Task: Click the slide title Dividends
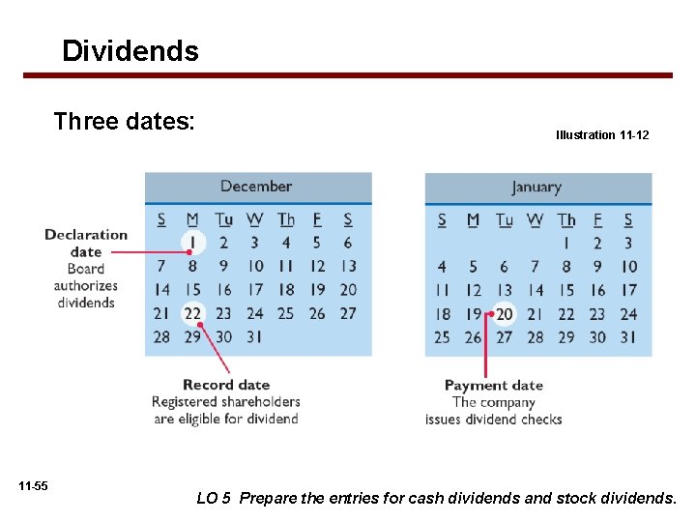coord(130,50)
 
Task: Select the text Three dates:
coord(125,122)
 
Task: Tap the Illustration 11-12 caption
coord(602,135)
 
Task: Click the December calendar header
coord(256,187)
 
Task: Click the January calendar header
coord(536,188)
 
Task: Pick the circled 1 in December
coord(192,243)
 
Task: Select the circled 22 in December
coord(192,313)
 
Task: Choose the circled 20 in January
coord(504,314)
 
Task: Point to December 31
coord(254,336)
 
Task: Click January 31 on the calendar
coord(628,337)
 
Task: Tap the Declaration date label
coord(86,243)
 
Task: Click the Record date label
coord(226,385)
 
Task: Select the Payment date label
coord(493,386)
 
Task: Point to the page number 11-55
coord(33,485)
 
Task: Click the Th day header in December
coord(285,219)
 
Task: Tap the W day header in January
coord(535,220)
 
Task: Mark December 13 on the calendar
coord(348,266)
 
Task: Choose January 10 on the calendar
coord(628,267)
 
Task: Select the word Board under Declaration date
coord(86,269)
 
